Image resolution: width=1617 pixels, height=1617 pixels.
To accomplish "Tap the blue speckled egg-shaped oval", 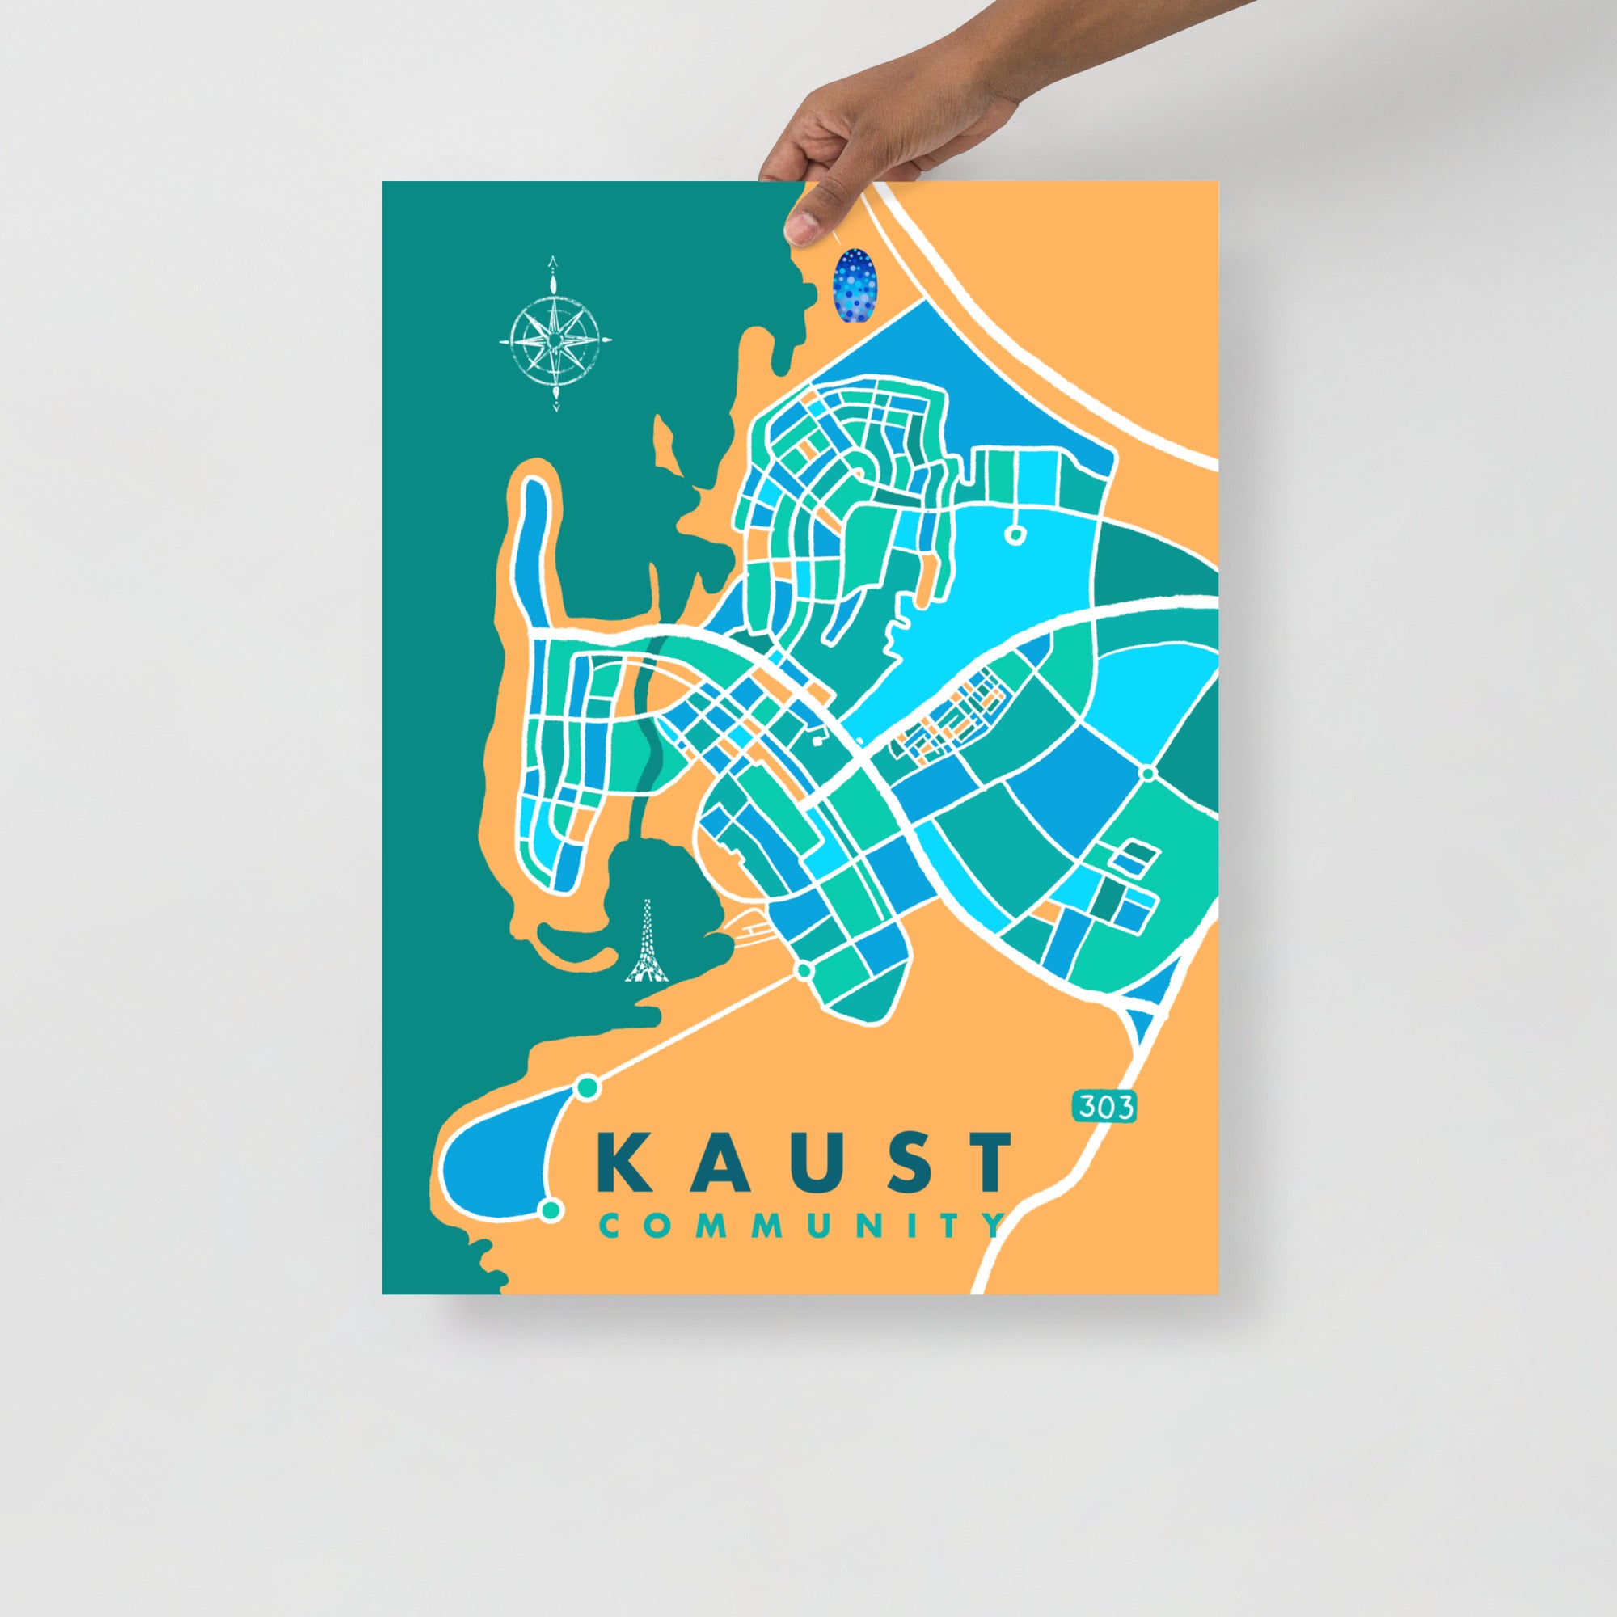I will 853,284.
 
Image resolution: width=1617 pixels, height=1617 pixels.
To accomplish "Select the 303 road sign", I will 1104,1108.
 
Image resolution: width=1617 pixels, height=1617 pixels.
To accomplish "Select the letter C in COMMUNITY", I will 610,1226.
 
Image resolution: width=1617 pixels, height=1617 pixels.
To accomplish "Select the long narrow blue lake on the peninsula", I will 532,552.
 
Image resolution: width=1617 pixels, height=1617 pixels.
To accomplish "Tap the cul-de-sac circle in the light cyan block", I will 1015,533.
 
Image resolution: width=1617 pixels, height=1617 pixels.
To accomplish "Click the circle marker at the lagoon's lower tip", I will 550,1233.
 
